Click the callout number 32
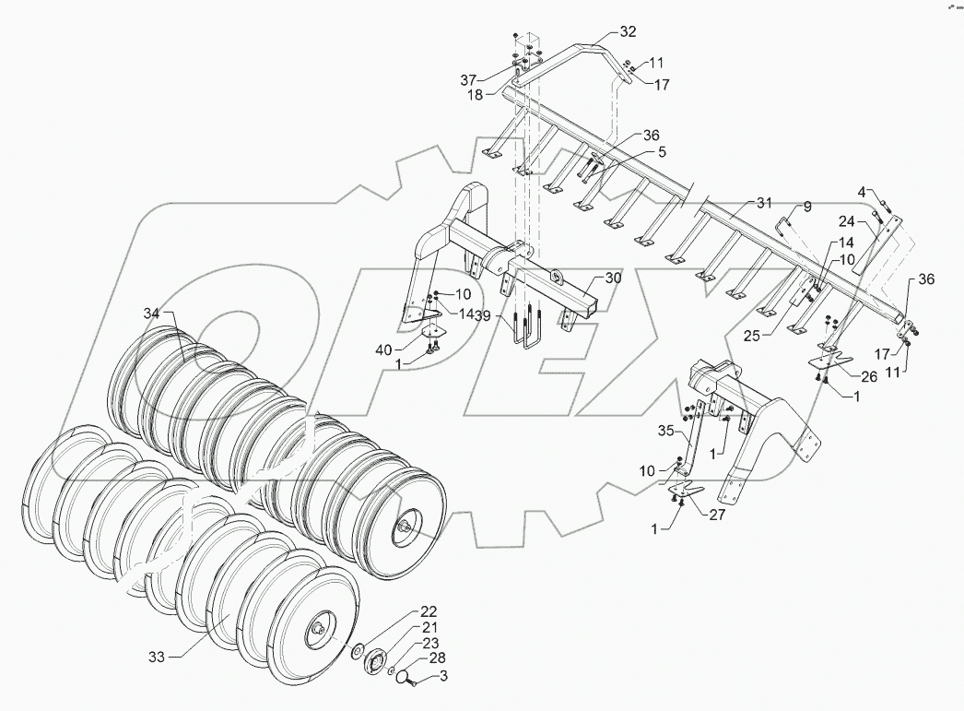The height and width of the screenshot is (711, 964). tap(627, 31)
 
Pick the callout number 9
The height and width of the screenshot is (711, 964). tap(806, 207)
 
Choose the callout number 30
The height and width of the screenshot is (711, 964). tap(614, 278)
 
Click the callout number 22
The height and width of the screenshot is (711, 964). tap(429, 611)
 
